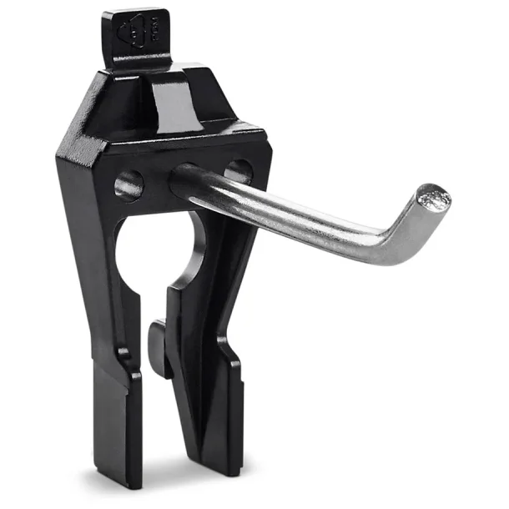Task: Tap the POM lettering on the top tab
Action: point(152,29)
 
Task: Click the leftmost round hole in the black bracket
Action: point(129,184)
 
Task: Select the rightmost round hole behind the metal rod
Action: point(239,170)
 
